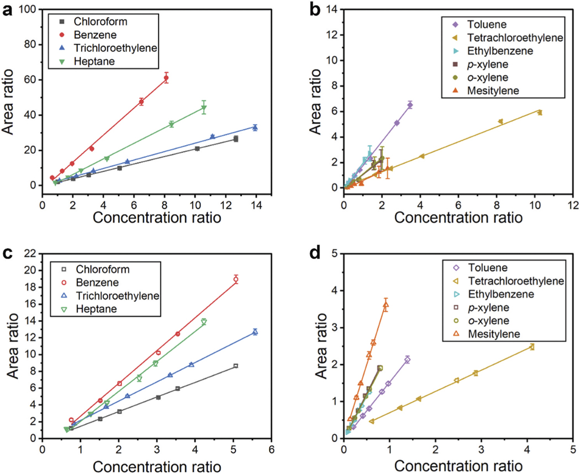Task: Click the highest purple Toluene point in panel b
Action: [410, 105]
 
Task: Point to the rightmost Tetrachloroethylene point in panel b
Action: [540, 113]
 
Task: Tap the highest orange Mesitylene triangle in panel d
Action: [386, 305]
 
